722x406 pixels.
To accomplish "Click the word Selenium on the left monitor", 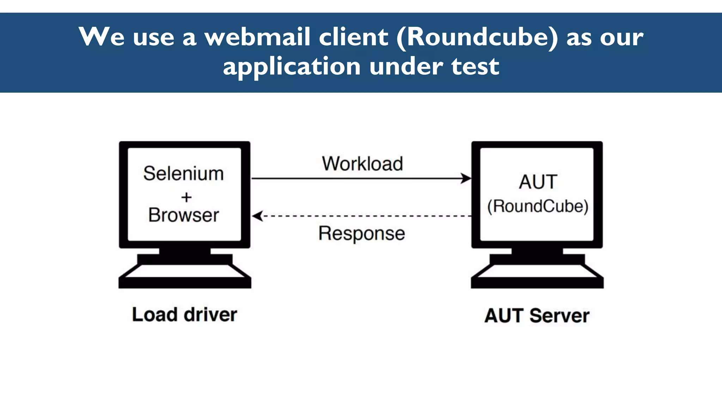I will click(183, 173).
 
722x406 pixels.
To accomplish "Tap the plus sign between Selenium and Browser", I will click(186, 197).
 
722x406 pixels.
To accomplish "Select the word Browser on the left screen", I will click(184, 215).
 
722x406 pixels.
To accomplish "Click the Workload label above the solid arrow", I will click(362, 164).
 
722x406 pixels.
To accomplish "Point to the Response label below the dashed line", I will click(362, 233).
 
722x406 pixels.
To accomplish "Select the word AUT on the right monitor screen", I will click(538, 182).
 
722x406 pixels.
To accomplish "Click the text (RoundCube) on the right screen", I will click(538, 206).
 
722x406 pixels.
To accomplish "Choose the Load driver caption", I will click(184, 314).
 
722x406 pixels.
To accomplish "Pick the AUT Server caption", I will click(537, 315).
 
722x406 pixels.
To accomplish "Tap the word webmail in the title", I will click(258, 37).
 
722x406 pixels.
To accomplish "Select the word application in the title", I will click(292, 66).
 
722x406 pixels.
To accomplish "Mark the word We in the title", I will click(102, 37).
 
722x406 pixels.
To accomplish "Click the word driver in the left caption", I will click(210, 314).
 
